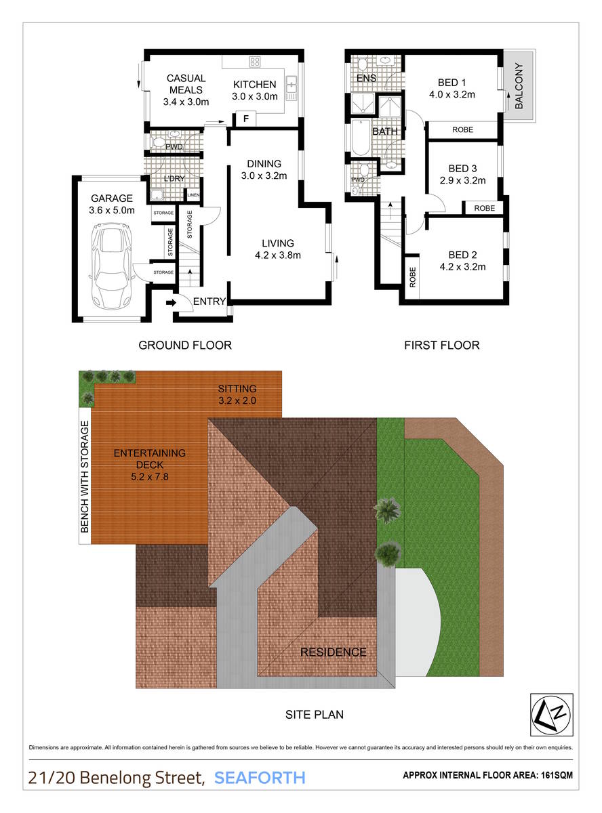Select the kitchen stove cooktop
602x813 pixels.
tap(255, 62)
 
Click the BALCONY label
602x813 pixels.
tap(519, 86)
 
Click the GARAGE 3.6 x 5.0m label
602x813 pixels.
tap(111, 204)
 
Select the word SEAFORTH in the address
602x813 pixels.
tap(260, 777)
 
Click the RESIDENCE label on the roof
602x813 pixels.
tap(333, 652)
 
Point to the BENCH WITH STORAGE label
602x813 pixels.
tap(85, 482)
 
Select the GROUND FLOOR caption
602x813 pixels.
tap(185, 346)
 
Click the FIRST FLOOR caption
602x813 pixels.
tap(441, 346)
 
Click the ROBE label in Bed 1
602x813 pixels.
tap(462, 129)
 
